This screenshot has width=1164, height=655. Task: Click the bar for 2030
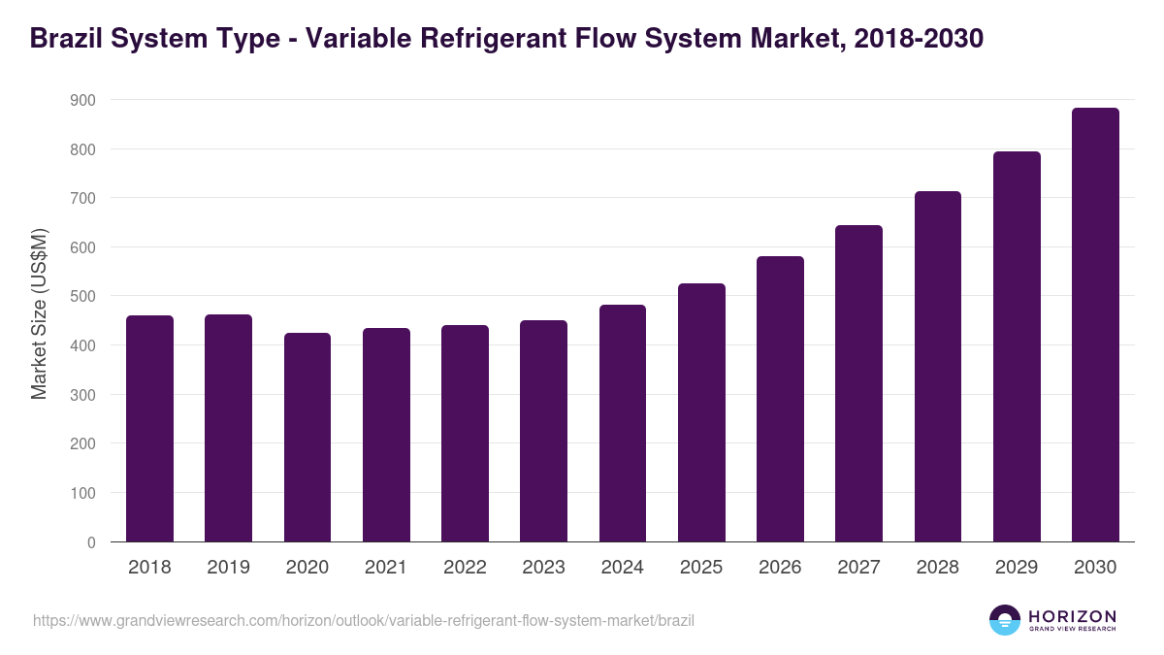(1095, 325)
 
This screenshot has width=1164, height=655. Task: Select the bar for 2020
(307, 438)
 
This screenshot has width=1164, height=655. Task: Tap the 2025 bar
(701, 412)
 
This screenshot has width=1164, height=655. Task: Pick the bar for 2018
(149, 429)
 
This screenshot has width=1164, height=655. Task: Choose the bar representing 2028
(938, 367)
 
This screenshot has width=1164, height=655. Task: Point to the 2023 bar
(543, 431)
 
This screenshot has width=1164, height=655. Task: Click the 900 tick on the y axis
(82, 100)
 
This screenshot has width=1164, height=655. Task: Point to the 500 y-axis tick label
(82, 296)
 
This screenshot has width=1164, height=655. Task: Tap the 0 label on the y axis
(91, 542)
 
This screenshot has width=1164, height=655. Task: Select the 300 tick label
(82, 395)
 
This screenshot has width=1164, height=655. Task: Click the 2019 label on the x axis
(228, 568)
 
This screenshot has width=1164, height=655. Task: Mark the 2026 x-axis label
(780, 568)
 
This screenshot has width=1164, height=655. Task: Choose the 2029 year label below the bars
(1017, 568)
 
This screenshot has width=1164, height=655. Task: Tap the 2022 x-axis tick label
(465, 568)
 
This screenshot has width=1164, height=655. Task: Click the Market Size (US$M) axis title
(39, 313)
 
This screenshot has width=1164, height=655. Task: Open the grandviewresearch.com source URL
(364, 620)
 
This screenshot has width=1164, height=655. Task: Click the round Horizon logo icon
(1005, 620)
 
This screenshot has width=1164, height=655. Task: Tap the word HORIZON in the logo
(1072, 615)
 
